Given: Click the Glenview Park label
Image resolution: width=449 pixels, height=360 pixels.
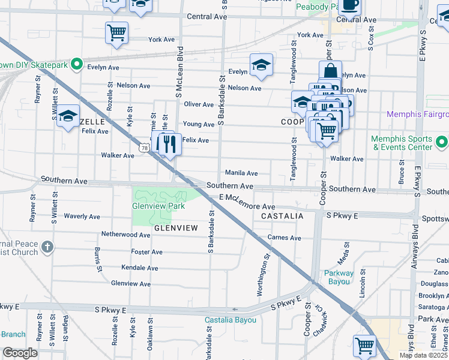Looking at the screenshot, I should (158, 206).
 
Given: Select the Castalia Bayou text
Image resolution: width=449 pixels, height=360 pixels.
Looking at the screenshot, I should (230, 320).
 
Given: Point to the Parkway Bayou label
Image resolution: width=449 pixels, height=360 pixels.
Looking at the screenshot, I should (339, 277).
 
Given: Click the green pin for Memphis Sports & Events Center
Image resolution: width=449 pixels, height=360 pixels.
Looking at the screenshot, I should (442, 142).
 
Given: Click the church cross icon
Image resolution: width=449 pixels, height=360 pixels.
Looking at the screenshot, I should (47, 247).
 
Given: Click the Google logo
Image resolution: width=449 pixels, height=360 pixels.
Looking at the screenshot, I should (20, 353).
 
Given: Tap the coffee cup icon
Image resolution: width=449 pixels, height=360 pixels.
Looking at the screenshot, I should (352, 5).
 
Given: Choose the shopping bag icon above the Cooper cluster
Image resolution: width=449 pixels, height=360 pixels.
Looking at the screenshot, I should (330, 70).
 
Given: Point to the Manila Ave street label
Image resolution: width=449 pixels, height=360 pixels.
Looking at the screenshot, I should (241, 173).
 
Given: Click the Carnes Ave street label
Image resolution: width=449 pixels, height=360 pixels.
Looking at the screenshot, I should (285, 238).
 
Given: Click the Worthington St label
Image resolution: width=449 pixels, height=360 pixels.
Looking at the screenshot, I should (262, 274).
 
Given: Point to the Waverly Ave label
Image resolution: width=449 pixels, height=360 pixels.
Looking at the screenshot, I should (82, 216).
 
